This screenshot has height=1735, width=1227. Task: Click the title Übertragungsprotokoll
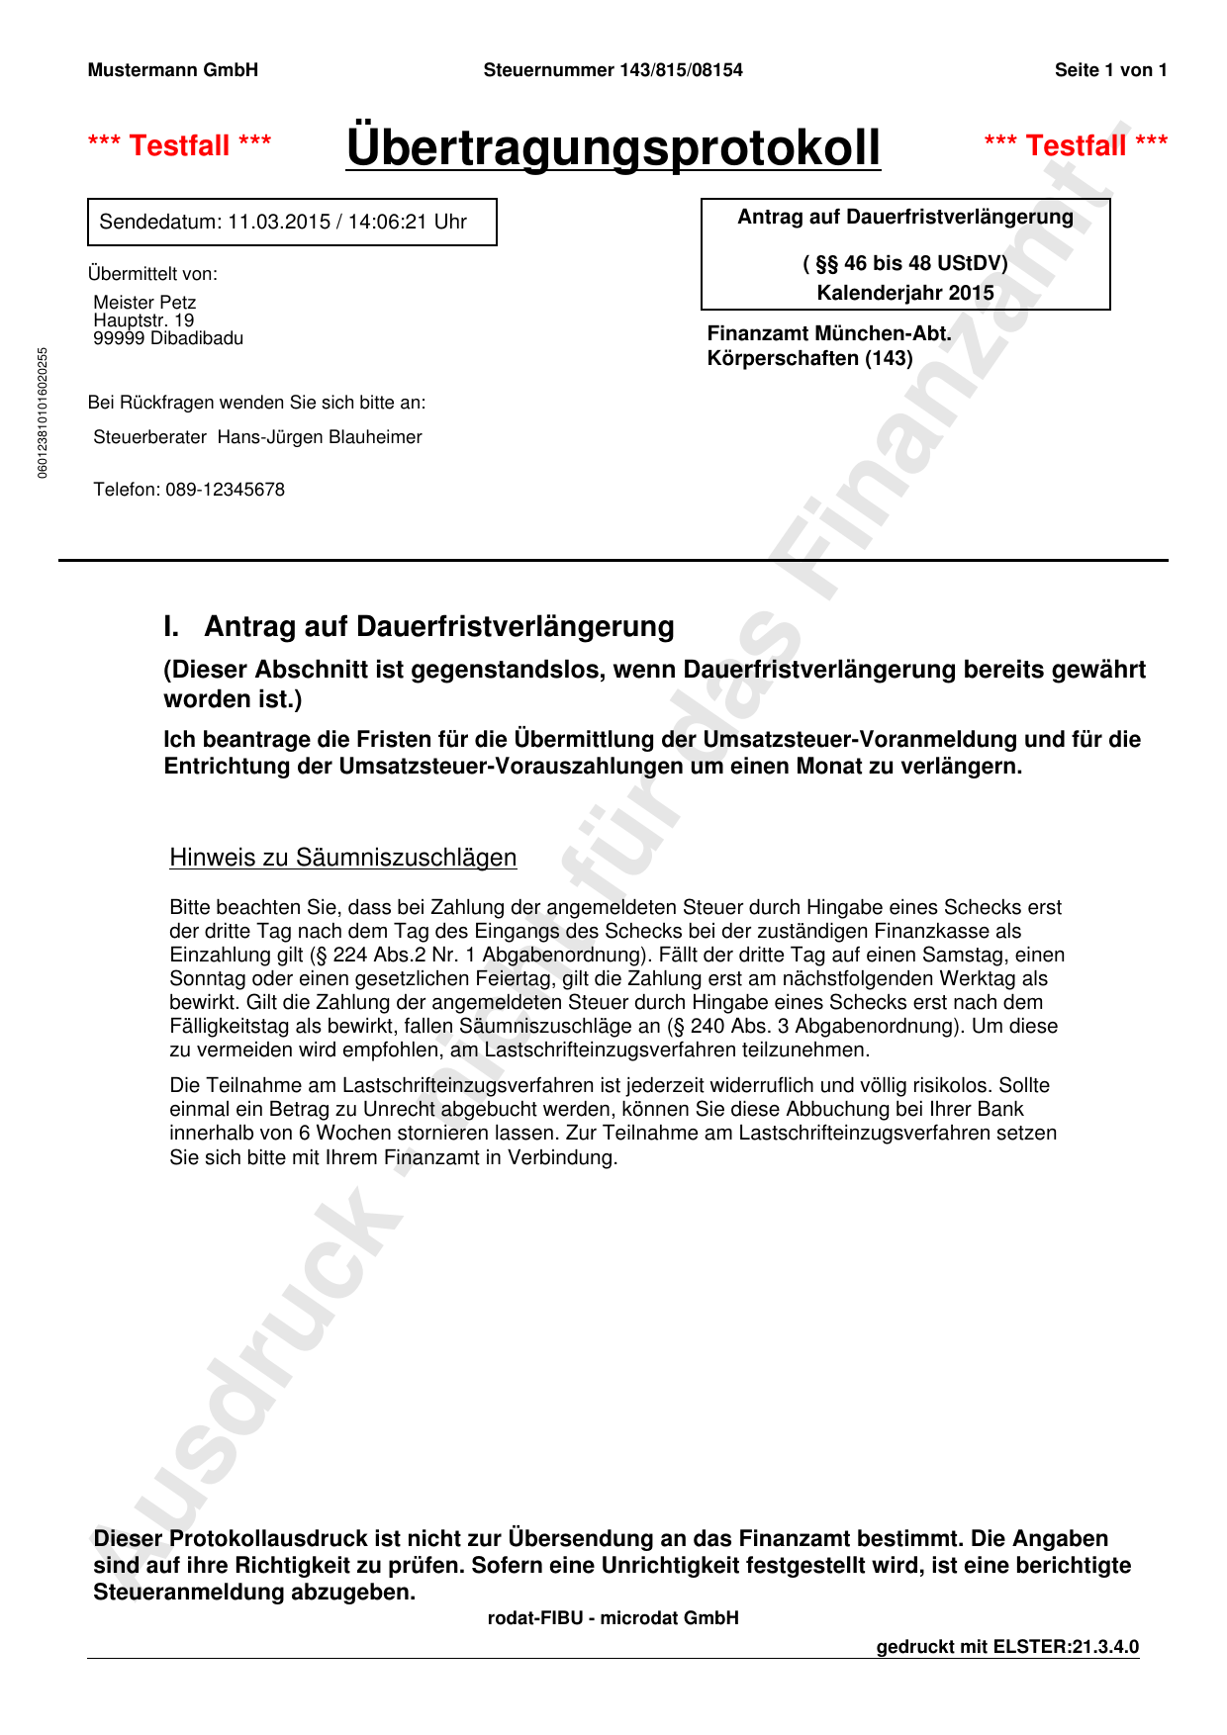tap(613, 147)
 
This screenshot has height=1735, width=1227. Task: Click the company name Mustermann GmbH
tap(173, 70)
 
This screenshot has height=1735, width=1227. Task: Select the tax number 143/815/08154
tap(681, 70)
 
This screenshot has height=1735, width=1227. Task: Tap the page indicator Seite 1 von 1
tap(1110, 70)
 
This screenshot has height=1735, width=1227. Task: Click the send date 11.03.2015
tap(279, 222)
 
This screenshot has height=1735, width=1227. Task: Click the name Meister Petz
tap(144, 302)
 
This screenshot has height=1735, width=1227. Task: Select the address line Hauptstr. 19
tap(143, 320)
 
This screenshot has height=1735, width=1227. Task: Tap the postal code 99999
tap(119, 338)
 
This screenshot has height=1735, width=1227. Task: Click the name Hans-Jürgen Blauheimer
tap(320, 437)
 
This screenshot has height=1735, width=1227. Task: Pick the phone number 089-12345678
tap(225, 490)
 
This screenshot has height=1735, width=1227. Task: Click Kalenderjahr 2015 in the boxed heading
tap(905, 293)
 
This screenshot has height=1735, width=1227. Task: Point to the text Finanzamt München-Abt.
tap(829, 333)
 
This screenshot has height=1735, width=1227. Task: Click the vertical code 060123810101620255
tap(43, 412)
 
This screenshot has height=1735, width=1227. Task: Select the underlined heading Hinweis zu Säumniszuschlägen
tap(342, 857)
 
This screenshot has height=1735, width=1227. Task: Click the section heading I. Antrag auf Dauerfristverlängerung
tap(420, 626)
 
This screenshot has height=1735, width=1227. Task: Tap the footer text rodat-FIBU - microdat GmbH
tap(613, 1618)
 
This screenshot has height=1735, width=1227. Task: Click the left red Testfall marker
tap(180, 145)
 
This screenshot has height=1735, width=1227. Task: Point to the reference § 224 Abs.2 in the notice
tap(366, 955)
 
